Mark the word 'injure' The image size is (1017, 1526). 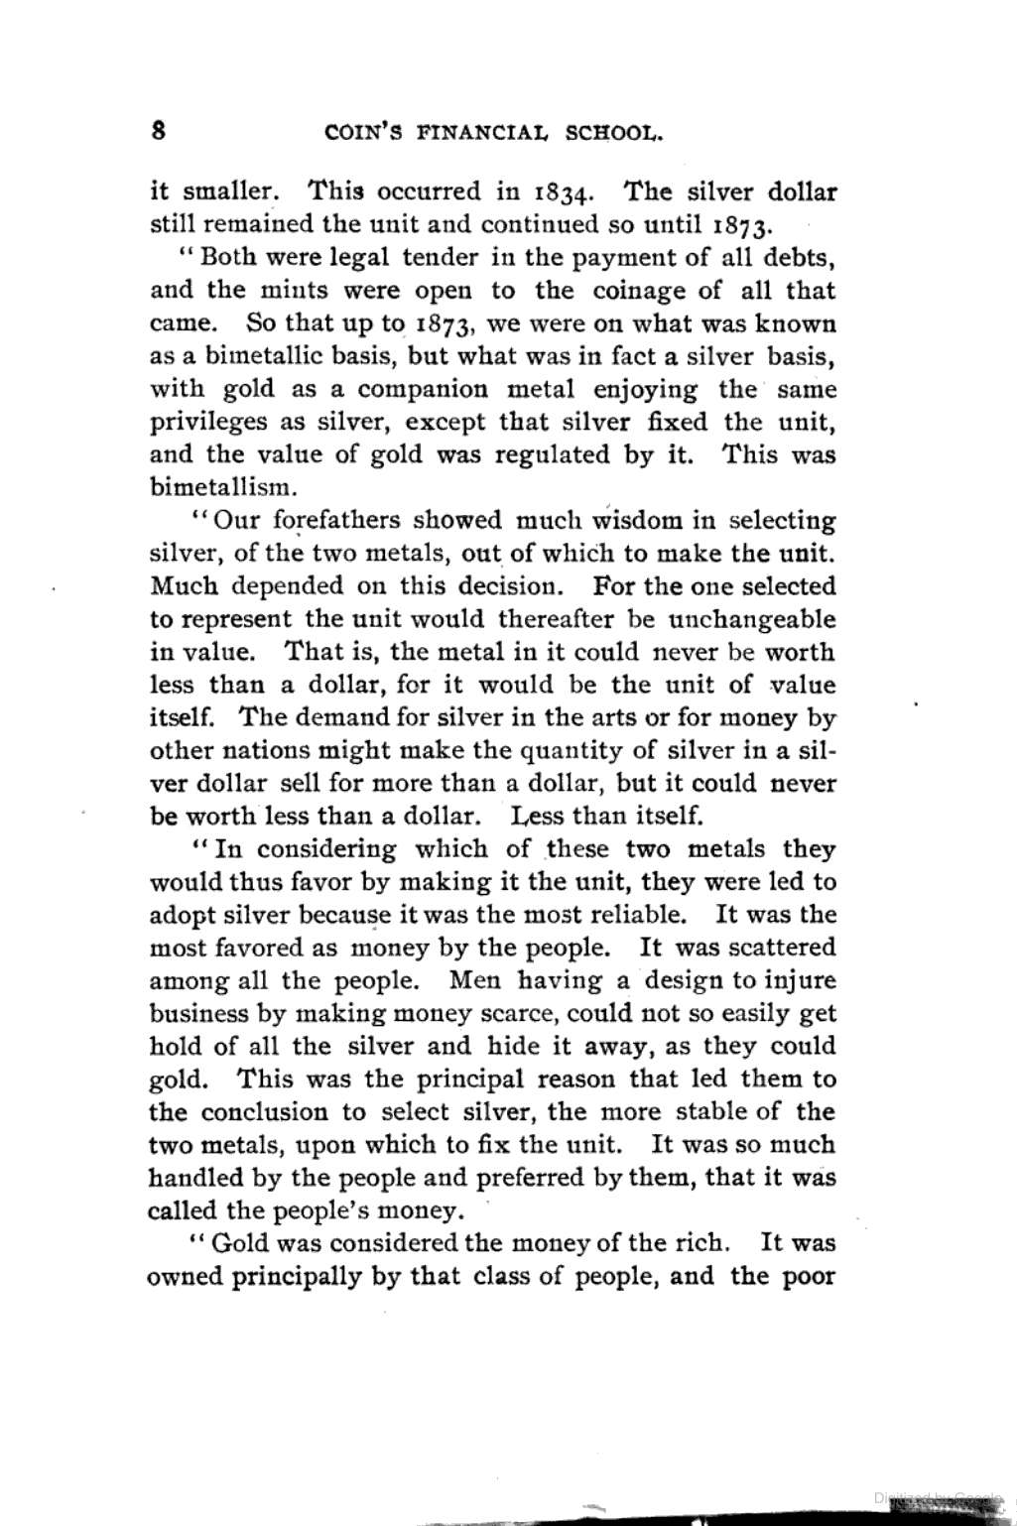point(798,981)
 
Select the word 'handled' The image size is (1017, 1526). point(194,1178)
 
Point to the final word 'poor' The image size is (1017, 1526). point(810,1276)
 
